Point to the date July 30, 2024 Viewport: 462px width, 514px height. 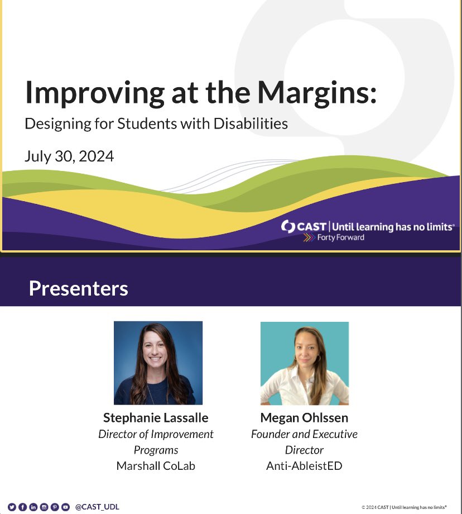click(x=69, y=156)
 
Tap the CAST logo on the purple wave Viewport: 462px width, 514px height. click(x=304, y=227)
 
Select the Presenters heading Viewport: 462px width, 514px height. click(x=78, y=288)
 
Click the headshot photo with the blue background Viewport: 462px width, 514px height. click(x=158, y=363)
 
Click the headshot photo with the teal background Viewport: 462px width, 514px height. click(x=304, y=363)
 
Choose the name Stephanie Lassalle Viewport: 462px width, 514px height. click(x=156, y=418)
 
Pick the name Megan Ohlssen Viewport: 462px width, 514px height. click(x=304, y=418)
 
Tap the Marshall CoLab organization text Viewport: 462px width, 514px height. click(x=156, y=465)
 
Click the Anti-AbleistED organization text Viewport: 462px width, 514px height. click(x=304, y=465)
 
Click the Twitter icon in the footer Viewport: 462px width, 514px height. click(x=12, y=507)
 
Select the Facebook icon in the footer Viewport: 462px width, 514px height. click(x=23, y=507)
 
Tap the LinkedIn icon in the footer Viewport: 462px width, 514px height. click(x=33, y=507)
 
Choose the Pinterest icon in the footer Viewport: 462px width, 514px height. click(x=55, y=507)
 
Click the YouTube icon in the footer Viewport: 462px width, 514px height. click(x=65, y=507)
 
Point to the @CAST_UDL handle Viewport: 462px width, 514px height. click(x=97, y=507)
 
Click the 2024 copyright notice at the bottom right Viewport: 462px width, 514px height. click(x=404, y=507)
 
